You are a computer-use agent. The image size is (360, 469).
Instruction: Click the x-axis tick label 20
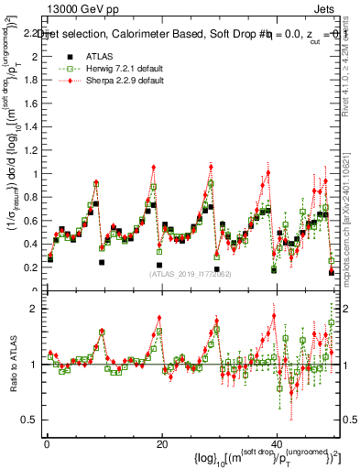tap(162, 443)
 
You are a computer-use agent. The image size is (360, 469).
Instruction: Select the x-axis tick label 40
tap(278, 443)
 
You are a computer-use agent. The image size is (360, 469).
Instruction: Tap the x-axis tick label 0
tap(47, 443)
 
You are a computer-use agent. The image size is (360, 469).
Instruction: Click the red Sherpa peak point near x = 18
tap(154, 167)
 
